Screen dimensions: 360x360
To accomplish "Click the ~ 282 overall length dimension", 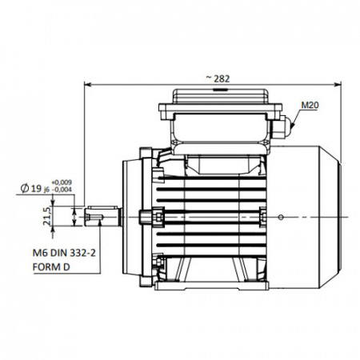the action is [218, 78].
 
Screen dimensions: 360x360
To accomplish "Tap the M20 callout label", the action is [310, 106].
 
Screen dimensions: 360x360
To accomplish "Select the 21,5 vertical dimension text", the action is [46, 216].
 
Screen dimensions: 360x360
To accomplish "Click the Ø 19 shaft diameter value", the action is [30, 189].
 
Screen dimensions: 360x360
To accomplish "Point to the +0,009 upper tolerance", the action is [62, 182].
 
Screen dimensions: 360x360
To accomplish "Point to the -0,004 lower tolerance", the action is [62, 190].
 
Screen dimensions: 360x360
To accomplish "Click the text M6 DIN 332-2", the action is [64, 253].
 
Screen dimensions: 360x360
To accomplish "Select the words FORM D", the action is [51, 266].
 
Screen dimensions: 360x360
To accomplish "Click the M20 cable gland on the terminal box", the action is [282, 127].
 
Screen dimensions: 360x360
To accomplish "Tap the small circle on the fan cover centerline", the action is [280, 218].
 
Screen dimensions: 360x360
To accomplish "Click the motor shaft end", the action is [102, 216].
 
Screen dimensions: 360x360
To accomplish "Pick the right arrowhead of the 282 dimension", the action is [338, 85].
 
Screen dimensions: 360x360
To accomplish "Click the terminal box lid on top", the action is [220, 96].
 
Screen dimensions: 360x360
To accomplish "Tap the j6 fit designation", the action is [46, 190].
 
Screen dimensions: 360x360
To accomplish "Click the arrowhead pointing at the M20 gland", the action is [294, 125].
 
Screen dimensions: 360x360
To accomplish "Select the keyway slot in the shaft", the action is [94, 218].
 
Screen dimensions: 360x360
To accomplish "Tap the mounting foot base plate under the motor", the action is [212, 286].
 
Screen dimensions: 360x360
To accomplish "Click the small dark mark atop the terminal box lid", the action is [218, 90].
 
